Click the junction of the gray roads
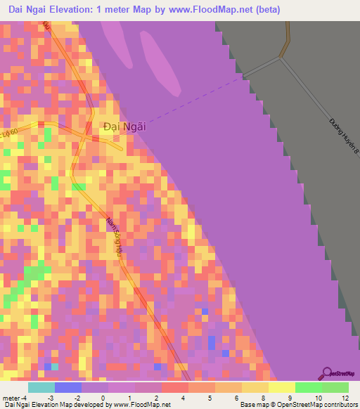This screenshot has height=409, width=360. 282,58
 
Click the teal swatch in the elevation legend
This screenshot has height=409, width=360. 41,387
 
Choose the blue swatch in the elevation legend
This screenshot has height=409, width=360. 67,387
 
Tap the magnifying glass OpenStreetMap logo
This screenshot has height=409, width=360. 328,373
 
